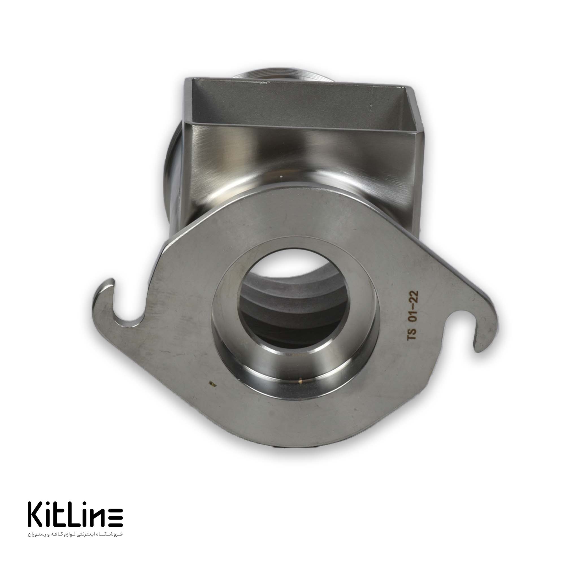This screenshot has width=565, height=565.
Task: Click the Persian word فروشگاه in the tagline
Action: (112, 534)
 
